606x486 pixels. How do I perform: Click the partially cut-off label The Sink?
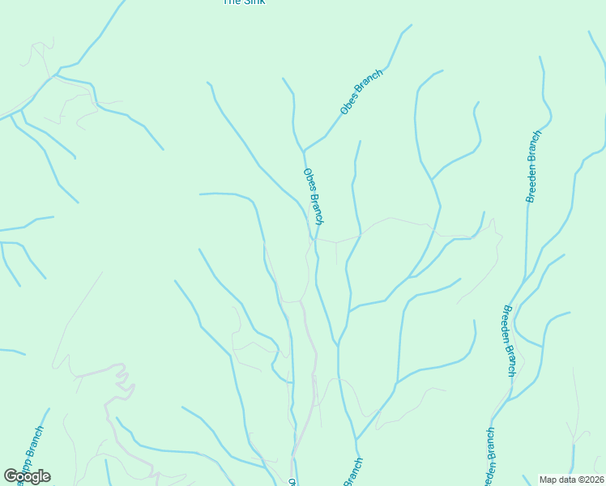[x=244, y=2]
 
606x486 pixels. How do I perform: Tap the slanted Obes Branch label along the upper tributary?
[x=361, y=92]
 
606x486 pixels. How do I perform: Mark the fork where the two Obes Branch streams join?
[x=304, y=151]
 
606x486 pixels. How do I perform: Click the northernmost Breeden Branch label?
[x=532, y=166]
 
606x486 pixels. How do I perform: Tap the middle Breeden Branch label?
[x=509, y=340]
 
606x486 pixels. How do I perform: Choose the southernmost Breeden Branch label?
[x=489, y=457]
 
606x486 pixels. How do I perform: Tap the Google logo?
[x=27, y=476]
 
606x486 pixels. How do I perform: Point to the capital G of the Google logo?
[x=11, y=476]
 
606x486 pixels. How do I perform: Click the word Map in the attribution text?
[x=548, y=480]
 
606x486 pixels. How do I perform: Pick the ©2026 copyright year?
[x=591, y=480]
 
